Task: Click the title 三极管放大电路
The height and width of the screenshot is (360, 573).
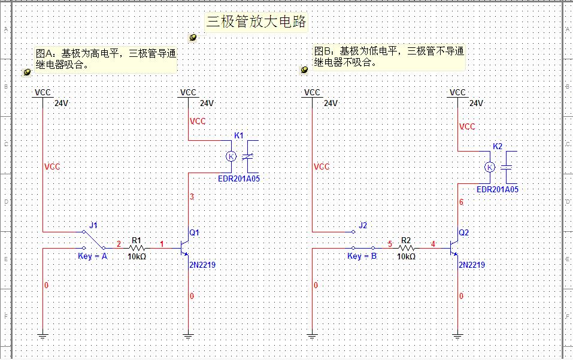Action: pos(256,22)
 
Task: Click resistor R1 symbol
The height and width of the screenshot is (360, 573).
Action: pos(137,247)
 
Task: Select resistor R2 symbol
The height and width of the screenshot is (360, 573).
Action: pos(407,247)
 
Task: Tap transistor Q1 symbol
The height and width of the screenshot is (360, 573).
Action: pos(185,247)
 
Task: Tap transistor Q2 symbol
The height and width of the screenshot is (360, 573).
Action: pos(454,247)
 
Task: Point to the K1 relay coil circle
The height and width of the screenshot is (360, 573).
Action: pos(231,156)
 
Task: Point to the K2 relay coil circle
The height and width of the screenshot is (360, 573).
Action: pos(490,167)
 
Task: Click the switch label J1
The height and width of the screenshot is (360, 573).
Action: pos(93,225)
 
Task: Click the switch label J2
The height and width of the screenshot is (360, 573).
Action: pos(363,225)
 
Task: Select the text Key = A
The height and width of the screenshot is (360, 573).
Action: pos(93,256)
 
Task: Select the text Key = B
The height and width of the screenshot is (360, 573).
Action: pos(362,256)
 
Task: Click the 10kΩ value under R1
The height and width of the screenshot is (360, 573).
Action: pos(137,256)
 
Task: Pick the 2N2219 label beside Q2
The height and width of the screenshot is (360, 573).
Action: pos(472,265)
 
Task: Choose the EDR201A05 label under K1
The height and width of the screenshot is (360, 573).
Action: pos(239,179)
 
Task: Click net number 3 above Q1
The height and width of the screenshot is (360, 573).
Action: pos(192,197)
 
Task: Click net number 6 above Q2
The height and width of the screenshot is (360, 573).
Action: pos(461,202)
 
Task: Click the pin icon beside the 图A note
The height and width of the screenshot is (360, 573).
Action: pos(27,72)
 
